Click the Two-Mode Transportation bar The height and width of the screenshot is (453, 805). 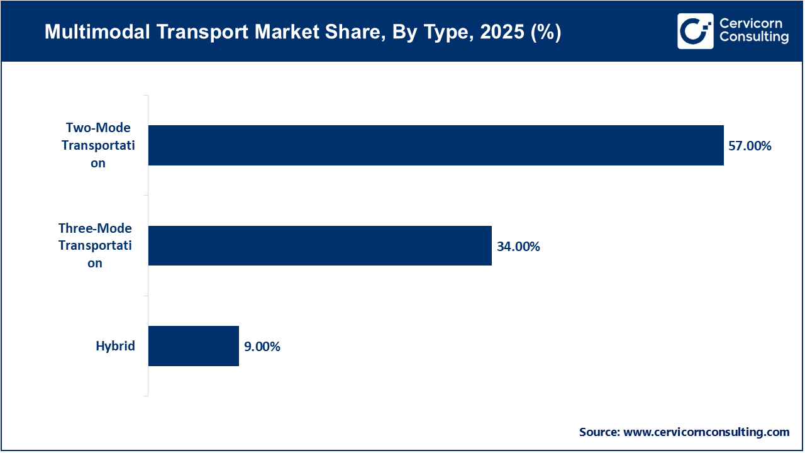436,145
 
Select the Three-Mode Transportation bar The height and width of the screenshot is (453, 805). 319,245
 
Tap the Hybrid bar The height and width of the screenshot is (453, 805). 194,345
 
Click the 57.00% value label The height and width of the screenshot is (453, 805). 750,146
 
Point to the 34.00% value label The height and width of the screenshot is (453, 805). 518,247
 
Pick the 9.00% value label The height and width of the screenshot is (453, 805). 262,347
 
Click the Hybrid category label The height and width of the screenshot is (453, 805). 115,345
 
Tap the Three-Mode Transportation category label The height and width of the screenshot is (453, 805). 95,245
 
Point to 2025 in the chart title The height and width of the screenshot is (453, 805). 495,32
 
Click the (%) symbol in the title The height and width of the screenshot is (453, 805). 545,32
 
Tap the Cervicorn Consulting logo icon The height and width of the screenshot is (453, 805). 695,31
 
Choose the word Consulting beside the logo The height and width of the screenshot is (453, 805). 753,38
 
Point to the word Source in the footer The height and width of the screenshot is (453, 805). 599,432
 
